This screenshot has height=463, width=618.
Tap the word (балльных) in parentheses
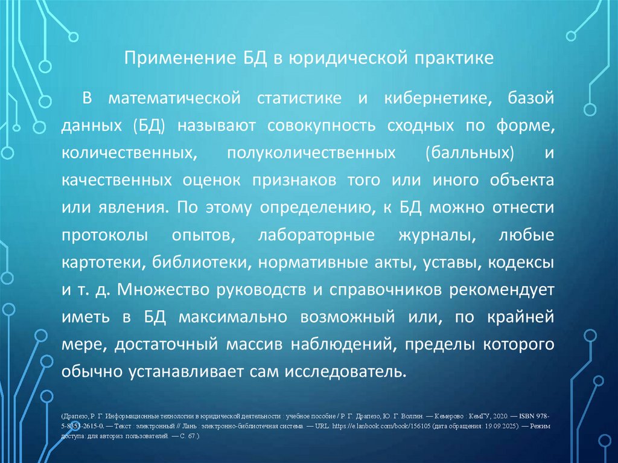(x=470, y=153)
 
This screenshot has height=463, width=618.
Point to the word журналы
(x=440, y=235)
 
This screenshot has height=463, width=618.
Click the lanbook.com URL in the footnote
(x=376, y=425)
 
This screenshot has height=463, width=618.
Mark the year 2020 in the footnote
(x=501, y=417)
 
